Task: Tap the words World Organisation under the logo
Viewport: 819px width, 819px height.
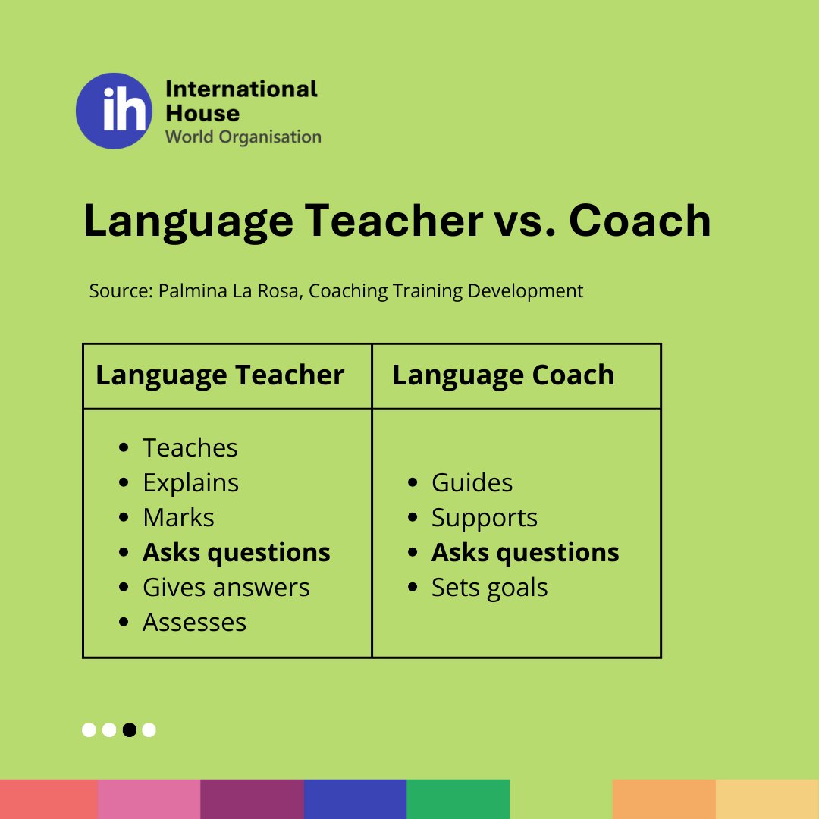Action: [x=243, y=137]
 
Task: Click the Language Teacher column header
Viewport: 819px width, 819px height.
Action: [x=220, y=375]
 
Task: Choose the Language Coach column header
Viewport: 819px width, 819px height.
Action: [x=503, y=375]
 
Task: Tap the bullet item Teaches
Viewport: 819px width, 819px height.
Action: [x=190, y=448]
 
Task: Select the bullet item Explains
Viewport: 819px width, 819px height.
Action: [x=190, y=483]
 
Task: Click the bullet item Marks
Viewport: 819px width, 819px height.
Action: [x=178, y=518]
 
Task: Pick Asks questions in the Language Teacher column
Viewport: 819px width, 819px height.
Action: [x=236, y=553]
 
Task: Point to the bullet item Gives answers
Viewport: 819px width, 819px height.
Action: [x=226, y=588]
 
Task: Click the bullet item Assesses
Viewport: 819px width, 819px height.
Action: [x=194, y=623]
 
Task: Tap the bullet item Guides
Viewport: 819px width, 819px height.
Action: [x=472, y=483]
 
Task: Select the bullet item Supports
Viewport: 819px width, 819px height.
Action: [x=484, y=518]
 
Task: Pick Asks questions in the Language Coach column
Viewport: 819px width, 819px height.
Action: [x=525, y=553]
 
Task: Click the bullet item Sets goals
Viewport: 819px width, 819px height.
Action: [x=489, y=588]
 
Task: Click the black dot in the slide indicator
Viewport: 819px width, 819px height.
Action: [x=129, y=730]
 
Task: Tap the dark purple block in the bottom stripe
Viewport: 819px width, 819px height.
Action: [x=252, y=799]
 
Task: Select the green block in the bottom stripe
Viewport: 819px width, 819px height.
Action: [x=458, y=799]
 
